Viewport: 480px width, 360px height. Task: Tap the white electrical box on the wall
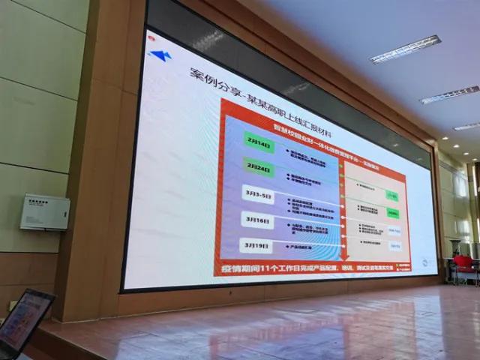(x=44, y=212)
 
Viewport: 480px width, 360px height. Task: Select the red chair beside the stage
(x=463, y=262)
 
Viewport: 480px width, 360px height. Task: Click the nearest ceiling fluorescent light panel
(x=405, y=49)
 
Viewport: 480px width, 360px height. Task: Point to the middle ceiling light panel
(x=449, y=94)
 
